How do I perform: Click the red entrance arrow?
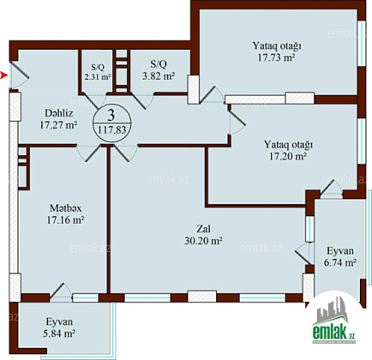[3, 75]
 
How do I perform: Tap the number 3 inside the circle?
[111, 115]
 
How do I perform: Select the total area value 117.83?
[112, 130]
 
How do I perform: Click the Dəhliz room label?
[59, 113]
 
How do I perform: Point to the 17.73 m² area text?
[276, 57]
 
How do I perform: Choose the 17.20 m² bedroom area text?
[288, 156]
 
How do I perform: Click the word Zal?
[204, 229]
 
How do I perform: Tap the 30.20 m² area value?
[203, 241]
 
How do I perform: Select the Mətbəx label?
[65, 208]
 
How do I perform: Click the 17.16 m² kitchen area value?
[65, 220]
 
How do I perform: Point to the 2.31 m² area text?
[98, 77]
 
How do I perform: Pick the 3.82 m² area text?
[159, 76]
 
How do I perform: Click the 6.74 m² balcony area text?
[339, 262]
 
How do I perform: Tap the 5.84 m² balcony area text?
[59, 333]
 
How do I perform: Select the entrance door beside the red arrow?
[20, 75]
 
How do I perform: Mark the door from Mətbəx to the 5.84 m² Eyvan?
[61, 291]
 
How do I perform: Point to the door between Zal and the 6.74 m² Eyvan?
[304, 255]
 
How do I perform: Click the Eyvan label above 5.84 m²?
[59, 322]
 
